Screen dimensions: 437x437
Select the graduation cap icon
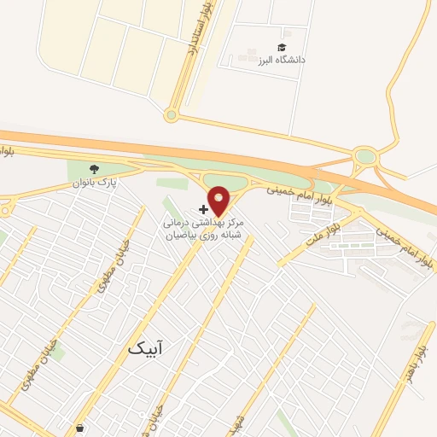click(282, 47)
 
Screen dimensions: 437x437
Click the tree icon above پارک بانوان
click(95, 168)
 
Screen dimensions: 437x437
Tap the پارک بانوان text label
click(95, 182)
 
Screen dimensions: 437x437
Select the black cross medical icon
click(203, 208)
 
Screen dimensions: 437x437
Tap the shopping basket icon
click(79, 427)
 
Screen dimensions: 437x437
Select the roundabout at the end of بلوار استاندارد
click(172, 114)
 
